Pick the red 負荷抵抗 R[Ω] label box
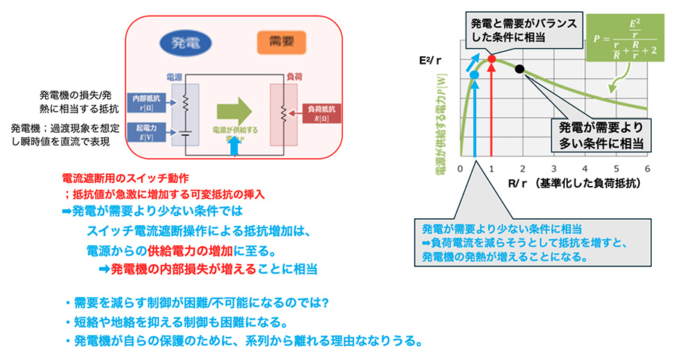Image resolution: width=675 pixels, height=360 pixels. [x=323, y=114]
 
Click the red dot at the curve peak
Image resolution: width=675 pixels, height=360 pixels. [x=492, y=58]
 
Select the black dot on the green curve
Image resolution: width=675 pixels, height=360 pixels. [x=520, y=69]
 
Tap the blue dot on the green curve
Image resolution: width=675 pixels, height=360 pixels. [x=473, y=74]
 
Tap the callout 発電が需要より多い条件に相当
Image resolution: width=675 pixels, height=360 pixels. [x=600, y=133]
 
